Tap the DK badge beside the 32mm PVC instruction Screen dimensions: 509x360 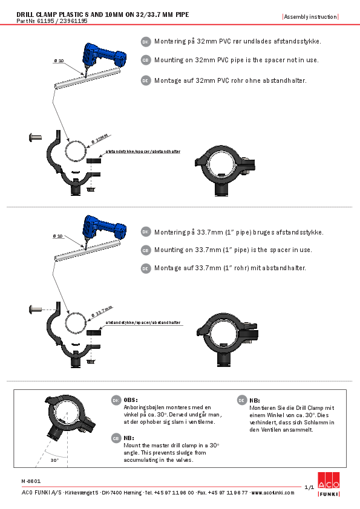(145, 42)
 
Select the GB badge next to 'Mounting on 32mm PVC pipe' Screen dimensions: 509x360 (145, 60)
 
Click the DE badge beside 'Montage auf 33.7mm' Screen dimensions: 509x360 (145, 268)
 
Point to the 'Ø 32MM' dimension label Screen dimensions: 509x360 (100, 138)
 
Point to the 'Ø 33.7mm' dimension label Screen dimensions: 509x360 (102, 311)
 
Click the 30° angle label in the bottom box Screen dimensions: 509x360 (54, 460)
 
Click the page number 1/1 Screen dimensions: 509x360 (309, 487)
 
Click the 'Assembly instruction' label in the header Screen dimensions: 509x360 (310, 16)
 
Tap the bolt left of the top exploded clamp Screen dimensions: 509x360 (35, 138)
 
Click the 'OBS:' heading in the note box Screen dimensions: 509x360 (131, 400)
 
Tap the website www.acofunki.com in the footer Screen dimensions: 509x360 (273, 493)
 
